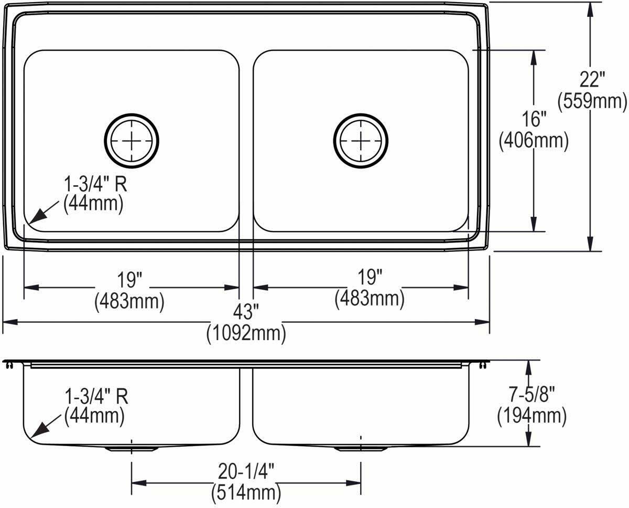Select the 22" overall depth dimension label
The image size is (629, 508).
[592, 79]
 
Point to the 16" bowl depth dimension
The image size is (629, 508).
[534, 119]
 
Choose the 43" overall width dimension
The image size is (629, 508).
[246, 313]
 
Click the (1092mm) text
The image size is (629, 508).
[246, 333]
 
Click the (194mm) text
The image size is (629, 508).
[532, 416]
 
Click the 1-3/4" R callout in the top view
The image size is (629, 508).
[95, 184]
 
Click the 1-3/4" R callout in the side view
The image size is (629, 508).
[96, 396]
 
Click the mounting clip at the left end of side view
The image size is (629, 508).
[9, 365]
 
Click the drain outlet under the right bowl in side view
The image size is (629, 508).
[361, 449]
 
